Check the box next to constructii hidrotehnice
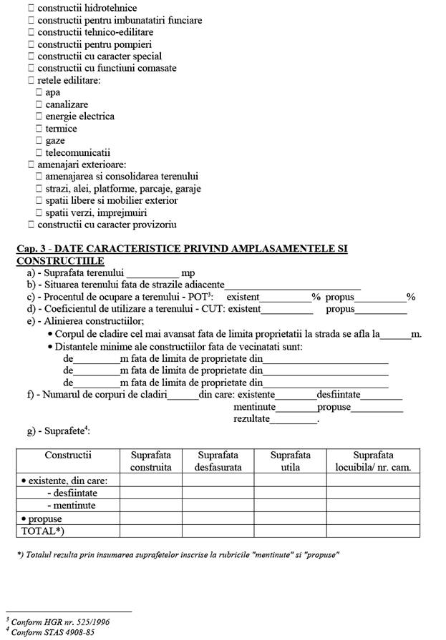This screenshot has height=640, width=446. [x=31, y=8]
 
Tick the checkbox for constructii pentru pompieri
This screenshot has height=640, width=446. [x=31, y=44]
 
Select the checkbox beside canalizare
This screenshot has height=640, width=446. [x=39, y=104]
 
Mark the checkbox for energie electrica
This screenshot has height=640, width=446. [x=39, y=117]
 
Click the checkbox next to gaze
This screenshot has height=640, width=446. [x=39, y=141]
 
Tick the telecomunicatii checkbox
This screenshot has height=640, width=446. [x=39, y=153]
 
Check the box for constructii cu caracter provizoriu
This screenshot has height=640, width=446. [x=31, y=225]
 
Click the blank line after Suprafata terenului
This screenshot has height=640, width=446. [x=152, y=273]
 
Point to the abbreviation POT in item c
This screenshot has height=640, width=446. [x=192, y=297]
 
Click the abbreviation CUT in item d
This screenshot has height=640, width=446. [x=207, y=310]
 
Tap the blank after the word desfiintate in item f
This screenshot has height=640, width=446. [x=382, y=395]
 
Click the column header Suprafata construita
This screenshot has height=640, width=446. [x=151, y=461]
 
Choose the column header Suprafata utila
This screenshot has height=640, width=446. [x=291, y=461]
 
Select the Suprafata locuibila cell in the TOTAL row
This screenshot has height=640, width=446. [x=373, y=531]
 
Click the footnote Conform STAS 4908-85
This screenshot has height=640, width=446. [x=53, y=633]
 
